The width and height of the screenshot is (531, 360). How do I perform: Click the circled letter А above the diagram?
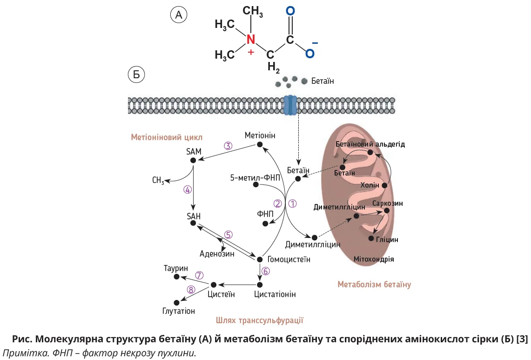[x=178, y=15]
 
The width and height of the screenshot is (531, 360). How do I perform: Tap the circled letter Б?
[x=136, y=75]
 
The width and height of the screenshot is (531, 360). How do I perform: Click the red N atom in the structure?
[x=251, y=39]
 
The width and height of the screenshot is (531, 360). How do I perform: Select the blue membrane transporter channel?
[x=290, y=106]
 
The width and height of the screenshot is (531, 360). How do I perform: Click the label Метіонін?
[x=260, y=136]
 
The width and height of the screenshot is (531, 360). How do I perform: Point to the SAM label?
[x=194, y=151]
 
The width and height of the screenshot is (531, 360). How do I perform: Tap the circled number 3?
[x=228, y=145]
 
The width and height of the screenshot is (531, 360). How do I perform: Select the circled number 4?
[x=187, y=190]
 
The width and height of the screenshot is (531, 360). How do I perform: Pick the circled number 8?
[x=191, y=290]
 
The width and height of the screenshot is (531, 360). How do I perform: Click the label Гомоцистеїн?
[x=289, y=259]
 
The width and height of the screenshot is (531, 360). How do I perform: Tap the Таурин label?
[x=175, y=268]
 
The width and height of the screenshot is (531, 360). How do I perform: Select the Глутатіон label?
[x=179, y=311]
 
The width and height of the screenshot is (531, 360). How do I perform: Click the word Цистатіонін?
[x=275, y=294]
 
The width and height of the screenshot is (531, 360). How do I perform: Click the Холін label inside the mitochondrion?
[x=370, y=185]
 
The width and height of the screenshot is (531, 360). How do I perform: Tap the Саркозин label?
[x=388, y=204]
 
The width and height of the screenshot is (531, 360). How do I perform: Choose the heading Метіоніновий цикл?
[x=167, y=137]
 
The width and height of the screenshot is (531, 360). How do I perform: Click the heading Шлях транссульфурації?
[x=260, y=320]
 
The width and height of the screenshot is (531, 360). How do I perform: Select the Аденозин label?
[x=217, y=254]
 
